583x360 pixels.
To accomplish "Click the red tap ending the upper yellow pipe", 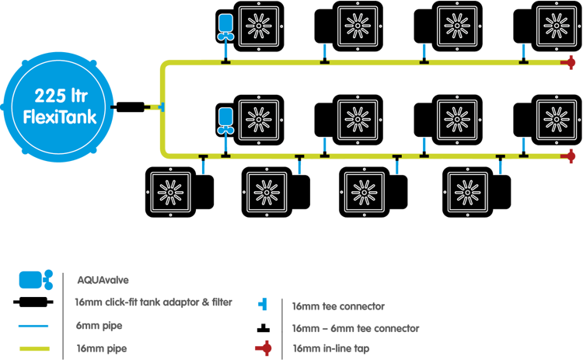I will [x=572, y=62].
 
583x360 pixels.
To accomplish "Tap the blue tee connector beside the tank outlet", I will [x=161, y=105].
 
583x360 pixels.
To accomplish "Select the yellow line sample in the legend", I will [x=33, y=348].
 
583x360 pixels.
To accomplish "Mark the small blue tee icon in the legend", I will [x=262, y=304].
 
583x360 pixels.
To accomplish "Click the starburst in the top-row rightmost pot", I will [x=557, y=25].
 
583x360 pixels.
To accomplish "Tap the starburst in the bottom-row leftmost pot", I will [x=169, y=190].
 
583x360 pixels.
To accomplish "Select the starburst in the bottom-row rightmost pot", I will [x=465, y=190].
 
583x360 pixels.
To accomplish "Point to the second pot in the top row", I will [x=357, y=26].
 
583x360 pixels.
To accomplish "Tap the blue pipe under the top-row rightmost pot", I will [x=524, y=51].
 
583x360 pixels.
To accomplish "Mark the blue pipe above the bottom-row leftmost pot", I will [x=202, y=165].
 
